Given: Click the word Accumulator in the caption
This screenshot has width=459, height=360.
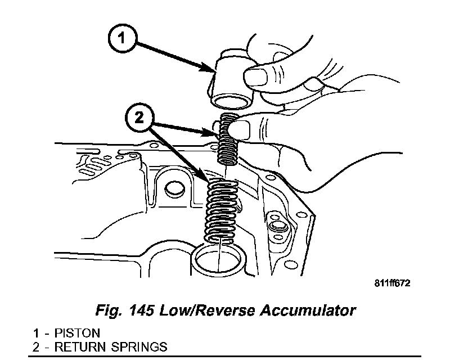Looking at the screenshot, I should point(314,310).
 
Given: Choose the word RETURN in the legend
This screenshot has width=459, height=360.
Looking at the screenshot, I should point(85,346).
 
